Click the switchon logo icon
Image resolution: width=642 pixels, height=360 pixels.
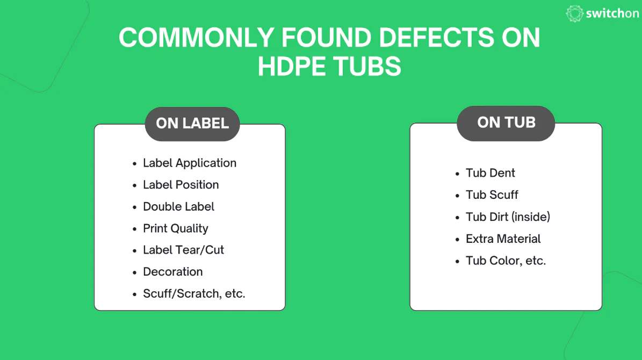[575, 14]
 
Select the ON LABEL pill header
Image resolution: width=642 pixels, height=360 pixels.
[192, 124]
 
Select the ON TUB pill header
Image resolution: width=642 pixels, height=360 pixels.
[506, 123]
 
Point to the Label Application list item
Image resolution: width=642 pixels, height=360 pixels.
[189, 163]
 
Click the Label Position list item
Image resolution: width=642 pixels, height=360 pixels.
[181, 185]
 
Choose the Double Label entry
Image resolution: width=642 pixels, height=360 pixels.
[178, 207]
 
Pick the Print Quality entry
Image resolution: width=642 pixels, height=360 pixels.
[175, 228]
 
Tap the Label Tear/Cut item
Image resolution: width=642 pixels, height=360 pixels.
[183, 250]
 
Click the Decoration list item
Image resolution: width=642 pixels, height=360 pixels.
[172, 272]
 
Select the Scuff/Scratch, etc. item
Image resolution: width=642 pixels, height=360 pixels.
[193, 294]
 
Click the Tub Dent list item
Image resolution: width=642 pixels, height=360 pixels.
[490, 173]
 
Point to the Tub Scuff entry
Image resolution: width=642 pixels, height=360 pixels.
[492, 195]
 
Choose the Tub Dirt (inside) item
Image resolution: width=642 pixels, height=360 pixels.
[508, 217]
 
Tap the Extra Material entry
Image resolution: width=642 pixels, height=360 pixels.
[503, 239]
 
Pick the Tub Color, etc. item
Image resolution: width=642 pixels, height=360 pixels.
[506, 261]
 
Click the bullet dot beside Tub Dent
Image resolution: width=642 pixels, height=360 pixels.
[457, 174]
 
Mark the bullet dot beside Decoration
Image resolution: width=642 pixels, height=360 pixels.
[134, 272]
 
